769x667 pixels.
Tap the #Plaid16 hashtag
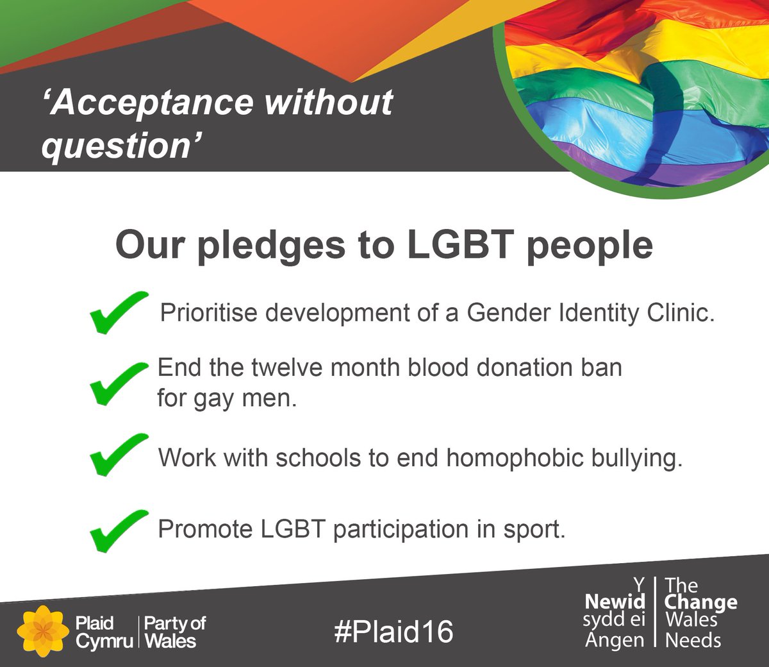point(393,632)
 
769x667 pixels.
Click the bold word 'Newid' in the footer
point(615,602)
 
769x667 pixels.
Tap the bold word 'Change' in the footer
point(701,603)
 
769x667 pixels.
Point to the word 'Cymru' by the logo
point(104,641)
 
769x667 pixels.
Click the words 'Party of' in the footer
point(175,623)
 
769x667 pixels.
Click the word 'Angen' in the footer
point(615,640)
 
